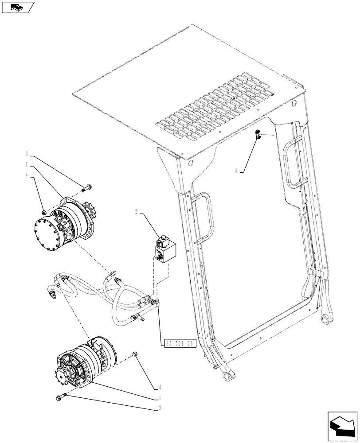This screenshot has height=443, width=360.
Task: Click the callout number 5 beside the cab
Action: coord(236,170)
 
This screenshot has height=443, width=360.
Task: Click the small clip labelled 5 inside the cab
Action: coord(257,135)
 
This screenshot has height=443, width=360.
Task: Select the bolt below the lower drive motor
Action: coord(62,397)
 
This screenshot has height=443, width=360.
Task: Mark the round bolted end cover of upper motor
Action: coord(47,233)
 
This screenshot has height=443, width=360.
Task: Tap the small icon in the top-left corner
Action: coord(18,7)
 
